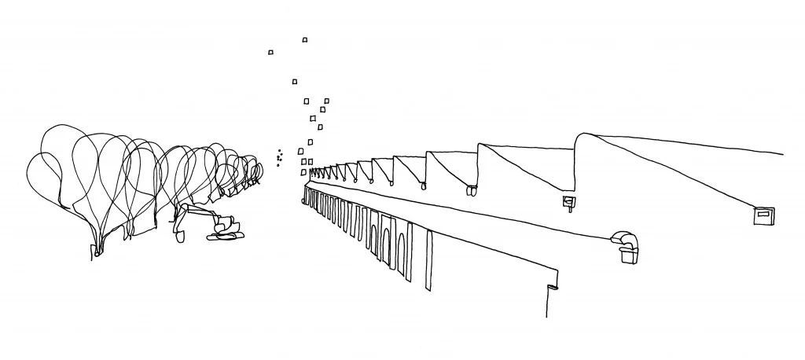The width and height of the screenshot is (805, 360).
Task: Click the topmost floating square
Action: click(305, 39)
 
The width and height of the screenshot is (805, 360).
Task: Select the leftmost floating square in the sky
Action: click(270, 53)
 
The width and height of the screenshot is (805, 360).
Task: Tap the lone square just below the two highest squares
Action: click(295, 81)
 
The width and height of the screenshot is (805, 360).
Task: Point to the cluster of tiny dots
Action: click(279, 158)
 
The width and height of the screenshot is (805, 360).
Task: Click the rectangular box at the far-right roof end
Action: click(763, 215)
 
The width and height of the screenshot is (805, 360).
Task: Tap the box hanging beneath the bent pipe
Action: click(629, 255)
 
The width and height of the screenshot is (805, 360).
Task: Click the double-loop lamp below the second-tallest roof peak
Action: click(472, 190)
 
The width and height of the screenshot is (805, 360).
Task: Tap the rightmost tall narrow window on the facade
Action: click(428, 260)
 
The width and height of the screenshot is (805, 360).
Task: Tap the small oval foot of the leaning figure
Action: click(179, 236)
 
